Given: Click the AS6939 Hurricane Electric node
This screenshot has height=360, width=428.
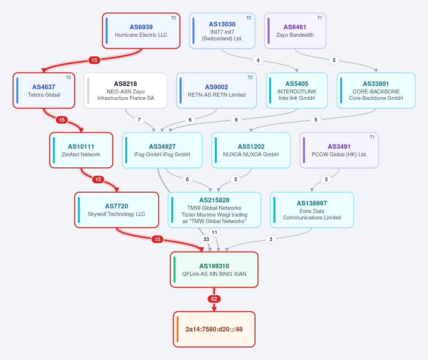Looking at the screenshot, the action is [141, 31].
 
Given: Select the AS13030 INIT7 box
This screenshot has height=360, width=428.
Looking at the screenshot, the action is [222, 31].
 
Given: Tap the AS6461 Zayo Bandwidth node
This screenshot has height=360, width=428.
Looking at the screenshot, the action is [295, 31].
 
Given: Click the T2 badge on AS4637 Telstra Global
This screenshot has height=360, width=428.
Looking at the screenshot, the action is [68, 77].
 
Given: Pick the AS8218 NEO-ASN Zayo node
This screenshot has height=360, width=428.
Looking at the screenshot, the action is [126, 91].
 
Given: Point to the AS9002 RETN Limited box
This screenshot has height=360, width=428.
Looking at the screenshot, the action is [216, 91].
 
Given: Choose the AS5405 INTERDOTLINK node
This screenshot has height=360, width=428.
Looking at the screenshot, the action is [297, 91].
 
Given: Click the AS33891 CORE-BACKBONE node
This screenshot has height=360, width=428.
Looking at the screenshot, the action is [376, 91].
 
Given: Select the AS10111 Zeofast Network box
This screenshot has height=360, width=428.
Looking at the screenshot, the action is [81, 150].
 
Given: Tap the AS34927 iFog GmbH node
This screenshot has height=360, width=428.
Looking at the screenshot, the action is [162, 150].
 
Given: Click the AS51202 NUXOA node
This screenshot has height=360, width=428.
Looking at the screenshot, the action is [251, 150].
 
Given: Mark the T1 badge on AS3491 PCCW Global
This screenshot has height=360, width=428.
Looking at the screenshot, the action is [372, 137].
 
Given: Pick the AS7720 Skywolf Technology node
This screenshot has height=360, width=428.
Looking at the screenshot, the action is [117, 210].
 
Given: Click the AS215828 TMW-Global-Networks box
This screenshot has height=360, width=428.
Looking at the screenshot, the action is [214, 210].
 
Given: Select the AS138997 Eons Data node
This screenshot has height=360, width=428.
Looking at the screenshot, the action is [312, 210].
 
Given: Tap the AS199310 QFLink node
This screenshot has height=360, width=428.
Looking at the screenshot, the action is [214, 270].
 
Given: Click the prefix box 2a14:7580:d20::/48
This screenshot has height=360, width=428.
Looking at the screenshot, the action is [214, 329].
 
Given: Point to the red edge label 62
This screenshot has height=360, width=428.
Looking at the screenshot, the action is [214, 299].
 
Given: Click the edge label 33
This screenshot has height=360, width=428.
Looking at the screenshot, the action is [206, 239].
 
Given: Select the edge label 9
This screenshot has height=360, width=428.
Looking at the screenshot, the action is [236, 120].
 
